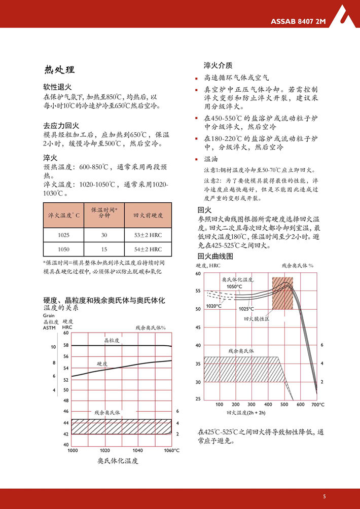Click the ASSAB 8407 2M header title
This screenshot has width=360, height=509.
pos(298,21)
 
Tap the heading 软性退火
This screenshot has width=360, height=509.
pos(57,87)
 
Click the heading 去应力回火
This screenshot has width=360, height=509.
pos(61,125)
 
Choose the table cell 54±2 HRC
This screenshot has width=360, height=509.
pos(148,249)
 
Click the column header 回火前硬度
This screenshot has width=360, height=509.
pos(148,215)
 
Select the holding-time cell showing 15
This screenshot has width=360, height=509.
pos(104,249)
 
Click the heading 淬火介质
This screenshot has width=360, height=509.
pos(218,65)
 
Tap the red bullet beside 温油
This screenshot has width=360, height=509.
pos(198,159)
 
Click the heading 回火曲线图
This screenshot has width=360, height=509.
pos(215,256)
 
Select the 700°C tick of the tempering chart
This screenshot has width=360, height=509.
pos(318,404)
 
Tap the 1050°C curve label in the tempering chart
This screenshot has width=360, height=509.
pos(235,286)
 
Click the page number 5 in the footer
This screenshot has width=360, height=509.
pos(324,496)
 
